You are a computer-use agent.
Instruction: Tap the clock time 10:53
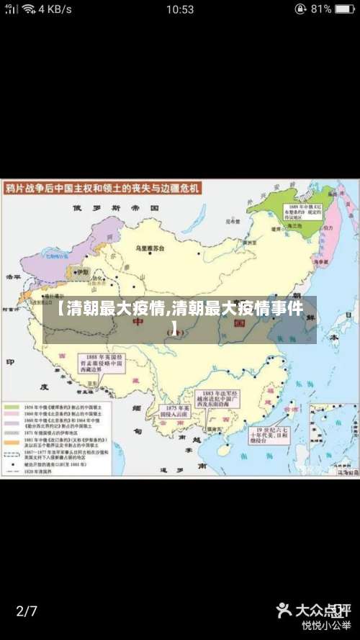click(x=179, y=9)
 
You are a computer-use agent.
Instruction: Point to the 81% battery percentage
click(x=322, y=9)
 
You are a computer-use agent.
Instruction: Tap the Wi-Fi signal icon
click(x=29, y=9)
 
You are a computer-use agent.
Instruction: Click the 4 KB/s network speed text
click(x=55, y=9)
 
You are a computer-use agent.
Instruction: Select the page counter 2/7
click(x=27, y=611)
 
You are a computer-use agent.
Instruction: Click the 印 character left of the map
click(x=10, y=362)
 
